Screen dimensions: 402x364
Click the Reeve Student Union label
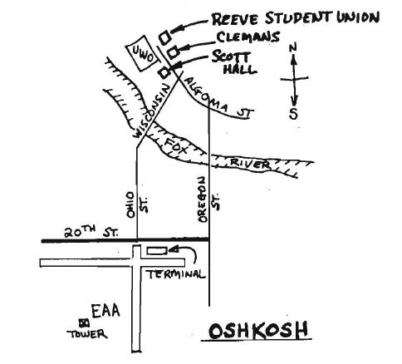[295, 18]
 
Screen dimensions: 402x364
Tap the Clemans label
[248, 37]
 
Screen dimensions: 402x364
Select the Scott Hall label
[235, 63]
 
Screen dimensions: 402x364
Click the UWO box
[142, 53]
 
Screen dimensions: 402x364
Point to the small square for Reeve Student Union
[164, 37]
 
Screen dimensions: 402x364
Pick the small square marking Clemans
[173, 52]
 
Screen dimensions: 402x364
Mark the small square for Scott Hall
[164, 72]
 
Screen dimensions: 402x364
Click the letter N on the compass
[292, 48]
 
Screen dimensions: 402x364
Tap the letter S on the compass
[293, 113]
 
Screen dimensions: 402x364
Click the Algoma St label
[218, 100]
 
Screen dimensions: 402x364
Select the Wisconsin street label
[151, 111]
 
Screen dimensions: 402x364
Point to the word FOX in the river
[176, 146]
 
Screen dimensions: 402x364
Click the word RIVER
[250, 164]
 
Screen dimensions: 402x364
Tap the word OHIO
[130, 204]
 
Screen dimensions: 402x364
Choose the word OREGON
[203, 199]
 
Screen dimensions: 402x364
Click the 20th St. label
[91, 232]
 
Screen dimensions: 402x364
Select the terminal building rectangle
[157, 251]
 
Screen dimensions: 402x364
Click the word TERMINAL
[176, 274]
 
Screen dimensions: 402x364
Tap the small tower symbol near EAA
[84, 323]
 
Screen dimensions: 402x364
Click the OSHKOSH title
[258, 330]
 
